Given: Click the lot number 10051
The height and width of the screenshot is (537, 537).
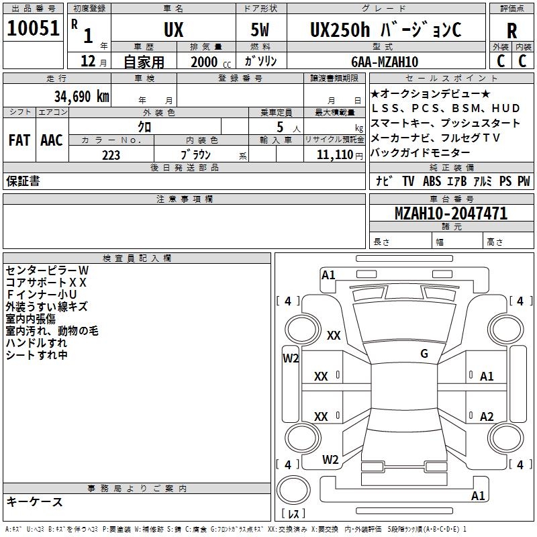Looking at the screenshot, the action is (x=34, y=28).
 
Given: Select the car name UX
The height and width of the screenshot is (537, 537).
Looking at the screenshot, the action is (x=174, y=30).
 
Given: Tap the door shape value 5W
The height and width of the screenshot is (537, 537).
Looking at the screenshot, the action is (x=261, y=30).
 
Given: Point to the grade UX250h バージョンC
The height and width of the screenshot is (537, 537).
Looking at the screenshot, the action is (x=385, y=30).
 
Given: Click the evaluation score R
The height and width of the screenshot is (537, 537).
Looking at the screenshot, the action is (x=512, y=31).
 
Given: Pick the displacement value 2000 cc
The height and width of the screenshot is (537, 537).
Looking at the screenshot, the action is (x=208, y=62).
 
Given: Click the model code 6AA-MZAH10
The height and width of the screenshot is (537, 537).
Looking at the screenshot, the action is (x=385, y=62).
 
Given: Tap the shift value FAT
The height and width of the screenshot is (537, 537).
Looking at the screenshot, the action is (x=19, y=140).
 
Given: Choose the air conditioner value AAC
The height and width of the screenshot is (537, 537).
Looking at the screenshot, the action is (x=52, y=140).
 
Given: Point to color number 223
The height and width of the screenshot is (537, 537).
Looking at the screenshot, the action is (x=111, y=155).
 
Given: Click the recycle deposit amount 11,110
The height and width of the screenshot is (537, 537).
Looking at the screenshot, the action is (x=338, y=155).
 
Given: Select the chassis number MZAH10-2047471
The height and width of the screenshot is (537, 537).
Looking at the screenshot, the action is (x=451, y=213).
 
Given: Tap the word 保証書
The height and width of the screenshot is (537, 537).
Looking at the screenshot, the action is (x=23, y=181).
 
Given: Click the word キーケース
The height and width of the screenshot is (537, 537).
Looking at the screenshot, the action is (x=35, y=501).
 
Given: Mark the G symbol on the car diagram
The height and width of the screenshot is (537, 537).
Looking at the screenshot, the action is (x=424, y=354).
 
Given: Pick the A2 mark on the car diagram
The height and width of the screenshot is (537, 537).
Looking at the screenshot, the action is (x=487, y=416).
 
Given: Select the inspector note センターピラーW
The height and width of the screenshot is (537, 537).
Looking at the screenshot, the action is (x=47, y=270).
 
